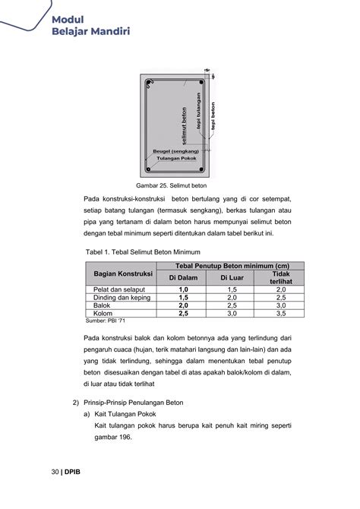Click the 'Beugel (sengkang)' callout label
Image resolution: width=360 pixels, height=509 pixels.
tap(175, 151)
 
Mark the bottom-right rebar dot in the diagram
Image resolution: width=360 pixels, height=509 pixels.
tap(201, 169)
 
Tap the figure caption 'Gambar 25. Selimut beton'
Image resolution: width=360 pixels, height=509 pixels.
tap(172, 185)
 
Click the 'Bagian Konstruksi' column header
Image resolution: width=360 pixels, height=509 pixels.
tap(123, 273)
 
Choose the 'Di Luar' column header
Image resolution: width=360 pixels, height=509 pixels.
tap(232, 278)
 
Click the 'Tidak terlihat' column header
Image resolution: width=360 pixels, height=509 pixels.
tap(280, 277)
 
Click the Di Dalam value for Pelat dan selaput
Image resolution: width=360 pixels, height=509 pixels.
tap(184, 289)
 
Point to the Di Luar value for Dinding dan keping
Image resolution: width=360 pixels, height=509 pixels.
tap(232, 297)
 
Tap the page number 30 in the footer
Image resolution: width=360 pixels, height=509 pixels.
tap(55, 472)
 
